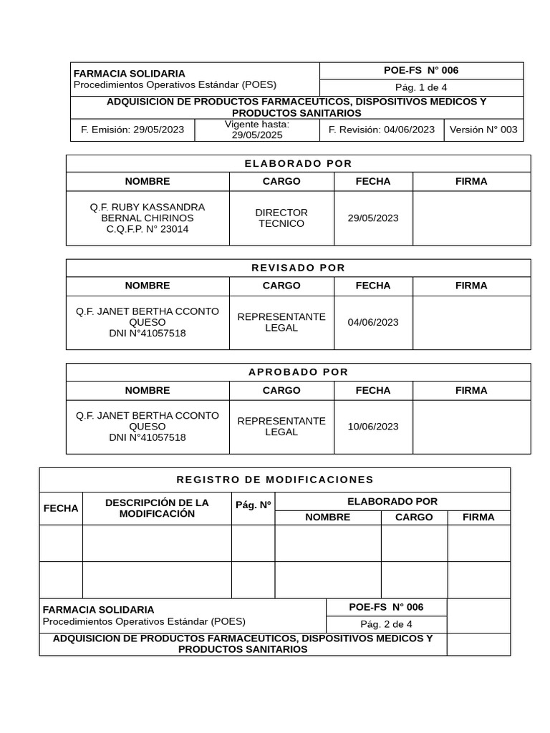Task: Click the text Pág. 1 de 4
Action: click(x=421, y=87)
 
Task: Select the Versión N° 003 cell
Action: click(x=483, y=130)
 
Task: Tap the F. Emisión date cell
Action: click(x=132, y=130)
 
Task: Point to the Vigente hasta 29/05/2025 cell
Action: click(x=257, y=130)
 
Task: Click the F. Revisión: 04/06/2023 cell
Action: click(x=381, y=130)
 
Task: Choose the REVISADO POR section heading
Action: click(x=298, y=268)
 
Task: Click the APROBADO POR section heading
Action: click(x=298, y=372)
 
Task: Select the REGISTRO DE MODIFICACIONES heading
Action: click(x=275, y=480)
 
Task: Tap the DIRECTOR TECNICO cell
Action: click(x=281, y=218)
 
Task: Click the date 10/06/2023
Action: click(x=373, y=427)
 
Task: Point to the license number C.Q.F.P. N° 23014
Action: click(x=148, y=229)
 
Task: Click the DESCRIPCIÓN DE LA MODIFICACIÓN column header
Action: click(x=157, y=508)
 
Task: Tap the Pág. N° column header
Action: click(x=253, y=505)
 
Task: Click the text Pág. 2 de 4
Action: click(x=386, y=624)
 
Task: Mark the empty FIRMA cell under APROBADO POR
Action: click(x=471, y=427)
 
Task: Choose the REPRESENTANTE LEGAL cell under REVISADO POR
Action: click(x=281, y=322)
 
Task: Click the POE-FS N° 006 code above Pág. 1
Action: click(x=421, y=70)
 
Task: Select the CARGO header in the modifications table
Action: click(x=414, y=517)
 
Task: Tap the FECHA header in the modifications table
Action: click(x=61, y=508)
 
